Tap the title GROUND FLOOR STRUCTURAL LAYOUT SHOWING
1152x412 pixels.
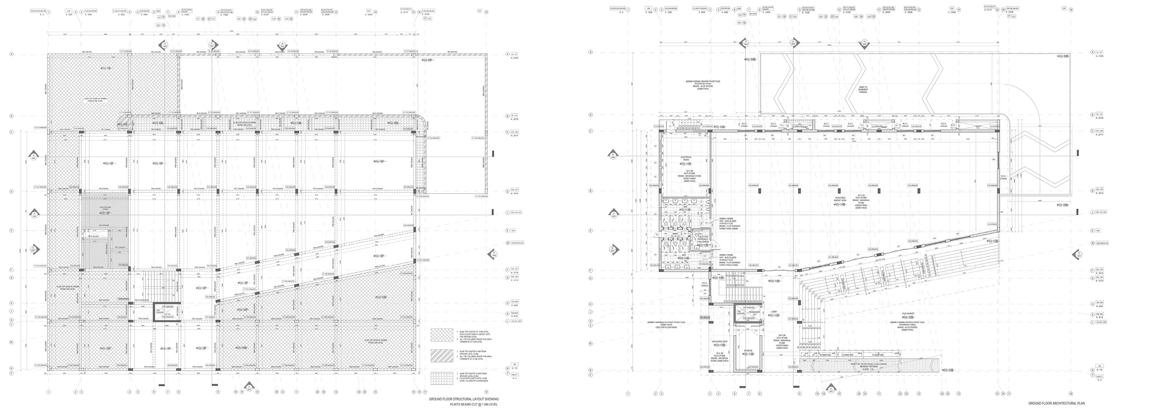[x=464, y=399]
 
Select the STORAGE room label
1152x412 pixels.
[x=748, y=351]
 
